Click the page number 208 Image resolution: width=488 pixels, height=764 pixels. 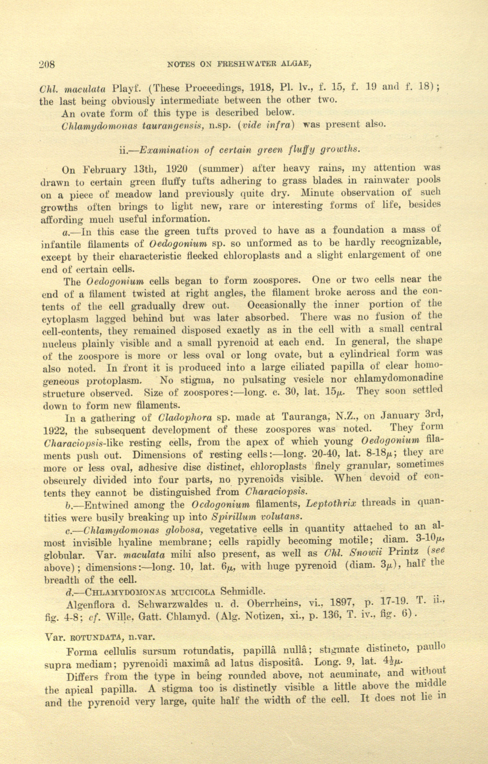pos(47,64)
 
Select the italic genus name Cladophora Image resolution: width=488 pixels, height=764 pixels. pos(185,417)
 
